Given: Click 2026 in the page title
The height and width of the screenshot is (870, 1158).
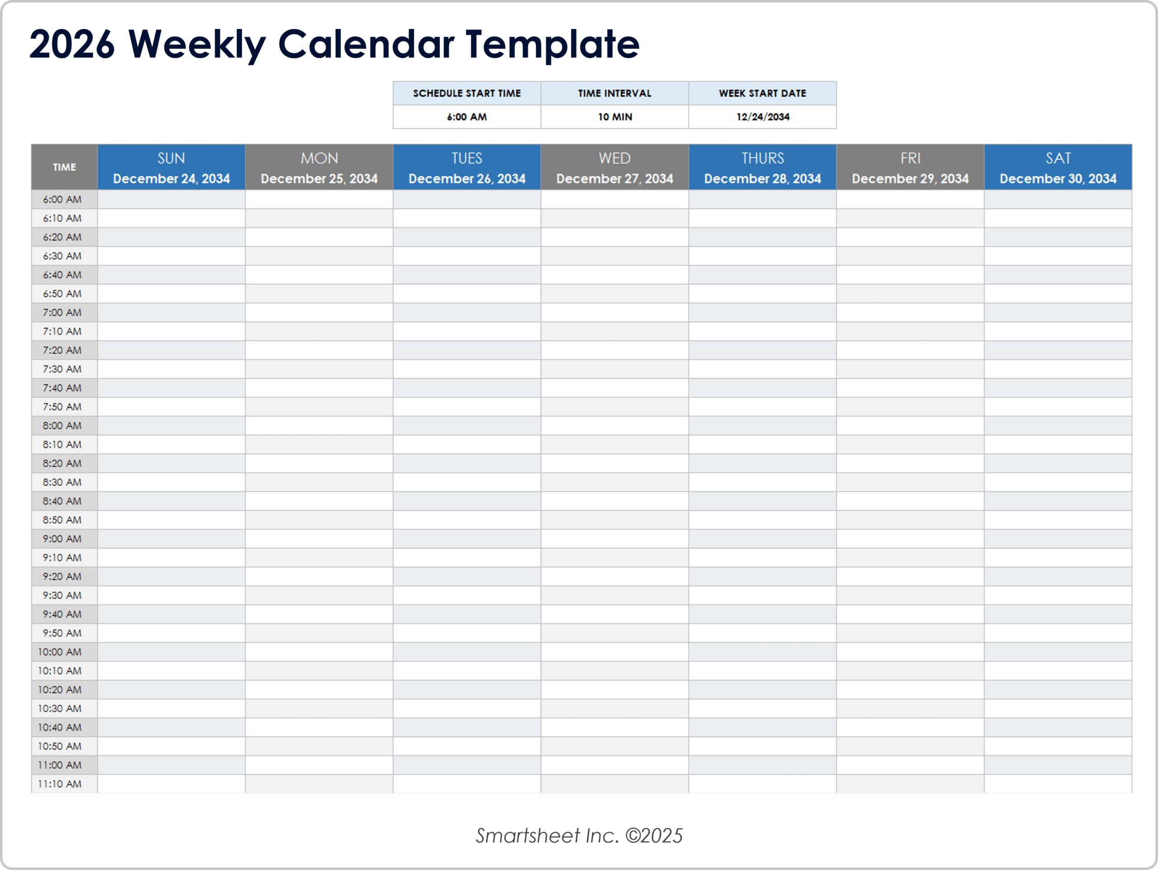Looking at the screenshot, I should (72, 44).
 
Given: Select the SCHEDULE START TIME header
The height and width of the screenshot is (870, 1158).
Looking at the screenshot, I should (466, 93).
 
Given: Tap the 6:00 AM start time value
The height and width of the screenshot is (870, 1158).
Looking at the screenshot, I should (466, 117).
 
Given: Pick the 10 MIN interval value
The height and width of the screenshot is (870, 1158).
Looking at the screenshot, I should (615, 117).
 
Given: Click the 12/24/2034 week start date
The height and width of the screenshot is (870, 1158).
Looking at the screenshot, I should (762, 117).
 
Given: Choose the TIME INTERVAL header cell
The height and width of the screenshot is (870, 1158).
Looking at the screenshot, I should (615, 93).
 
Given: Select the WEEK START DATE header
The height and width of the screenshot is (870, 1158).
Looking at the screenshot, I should (762, 93).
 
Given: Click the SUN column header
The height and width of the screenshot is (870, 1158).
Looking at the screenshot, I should (171, 159).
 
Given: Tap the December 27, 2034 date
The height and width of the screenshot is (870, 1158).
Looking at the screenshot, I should (615, 179).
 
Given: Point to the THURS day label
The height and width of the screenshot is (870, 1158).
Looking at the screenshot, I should (762, 158).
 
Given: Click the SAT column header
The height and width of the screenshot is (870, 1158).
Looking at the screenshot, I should (1058, 159).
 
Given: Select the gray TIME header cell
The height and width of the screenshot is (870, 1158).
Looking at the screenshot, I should (64, 167).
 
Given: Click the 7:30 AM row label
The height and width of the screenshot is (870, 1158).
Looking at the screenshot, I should (62, 369).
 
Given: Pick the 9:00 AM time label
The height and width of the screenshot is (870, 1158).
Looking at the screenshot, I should (62, 539).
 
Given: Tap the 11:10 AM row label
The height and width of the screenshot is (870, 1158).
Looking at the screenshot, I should (60, 784).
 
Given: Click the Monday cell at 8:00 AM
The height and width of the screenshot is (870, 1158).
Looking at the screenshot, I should (319, 426).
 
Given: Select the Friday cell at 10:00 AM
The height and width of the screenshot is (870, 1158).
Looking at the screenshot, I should (910, 652).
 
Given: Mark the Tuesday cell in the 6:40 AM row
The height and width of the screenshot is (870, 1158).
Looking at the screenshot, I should (466, 275).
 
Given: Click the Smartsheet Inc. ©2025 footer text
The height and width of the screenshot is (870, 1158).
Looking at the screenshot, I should (579, 836).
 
